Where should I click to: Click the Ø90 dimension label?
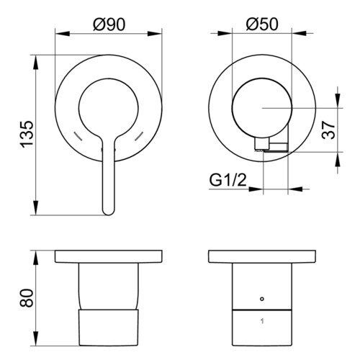pyautogui.click(x=109, y=24)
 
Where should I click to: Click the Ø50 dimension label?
pyautogui.click(x=262, y=24)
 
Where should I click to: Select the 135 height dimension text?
pyautogui.click(x=27, y=135)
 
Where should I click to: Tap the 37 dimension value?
pyautogui.click(x=328, y=130)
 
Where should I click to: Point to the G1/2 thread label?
pyautogui.click(x=228, y=180)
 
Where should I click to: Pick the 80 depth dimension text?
pyautogui.click(x=27, y=298)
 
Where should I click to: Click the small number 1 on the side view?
pyautogui.click(x=262, y=321)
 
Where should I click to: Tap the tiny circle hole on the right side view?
pyautogui.click(x=262, y=299)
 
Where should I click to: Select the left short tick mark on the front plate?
pyautogui.click(x=78, y=136)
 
